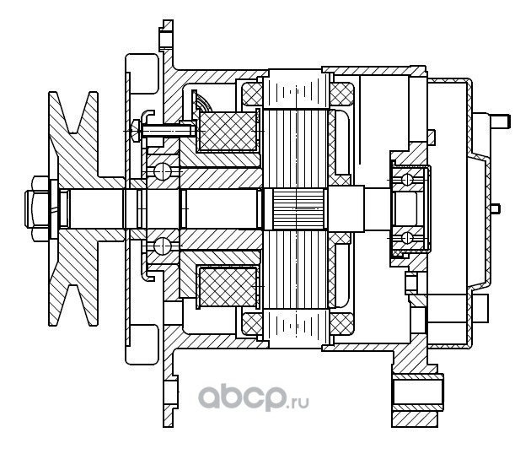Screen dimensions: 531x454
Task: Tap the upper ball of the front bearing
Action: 163,171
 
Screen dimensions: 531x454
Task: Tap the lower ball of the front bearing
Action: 163,246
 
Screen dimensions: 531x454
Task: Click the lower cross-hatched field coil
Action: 227,287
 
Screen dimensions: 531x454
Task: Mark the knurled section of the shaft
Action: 294,208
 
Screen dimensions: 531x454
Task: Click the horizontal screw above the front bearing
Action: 164,130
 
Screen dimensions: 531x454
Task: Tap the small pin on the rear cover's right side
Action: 495,208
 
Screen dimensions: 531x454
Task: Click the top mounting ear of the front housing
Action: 164,38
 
